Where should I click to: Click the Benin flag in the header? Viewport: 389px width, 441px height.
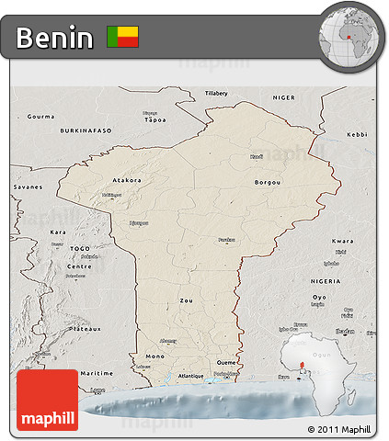[x=123, y=37]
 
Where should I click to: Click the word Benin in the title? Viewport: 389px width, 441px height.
[x=55, y=38]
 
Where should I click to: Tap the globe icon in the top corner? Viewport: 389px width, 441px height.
[x=349, y=37]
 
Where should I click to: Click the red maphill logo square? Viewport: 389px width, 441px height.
[x=48, y=400]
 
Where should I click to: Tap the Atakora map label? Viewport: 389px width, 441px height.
[x=126, y=180]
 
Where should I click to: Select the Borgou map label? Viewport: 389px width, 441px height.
[x=268, y=183]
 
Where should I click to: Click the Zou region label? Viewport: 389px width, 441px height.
[x=187, y=300]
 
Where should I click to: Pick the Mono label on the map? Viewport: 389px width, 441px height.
[x=154, y=356]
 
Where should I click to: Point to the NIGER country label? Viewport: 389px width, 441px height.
[x=284, y=96]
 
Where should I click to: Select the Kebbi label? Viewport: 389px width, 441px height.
[x=357, y=135]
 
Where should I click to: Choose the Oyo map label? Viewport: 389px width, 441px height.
[x=345, y=298]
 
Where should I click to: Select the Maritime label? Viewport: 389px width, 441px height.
[x=96, y=373]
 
